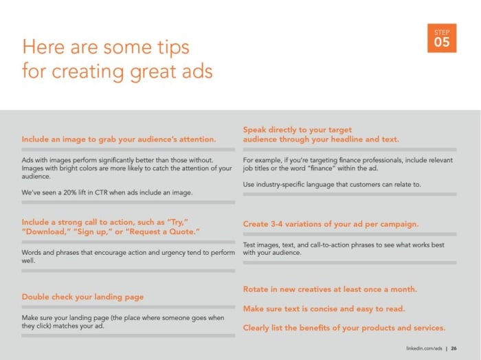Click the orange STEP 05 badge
click(x=442, y=38)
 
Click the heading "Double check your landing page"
click(x=82, y=297)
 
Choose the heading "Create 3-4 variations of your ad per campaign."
click(x=331, y=224)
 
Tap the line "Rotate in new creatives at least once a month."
click(x=330, y=289)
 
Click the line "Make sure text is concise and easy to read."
click(x=324, y=308)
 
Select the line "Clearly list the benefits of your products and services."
click(x=344, y=328)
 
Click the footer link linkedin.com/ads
click(x=424, y=348)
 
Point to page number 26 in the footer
click(x=454, y=348)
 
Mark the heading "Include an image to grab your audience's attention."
click(x=119, y=139)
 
